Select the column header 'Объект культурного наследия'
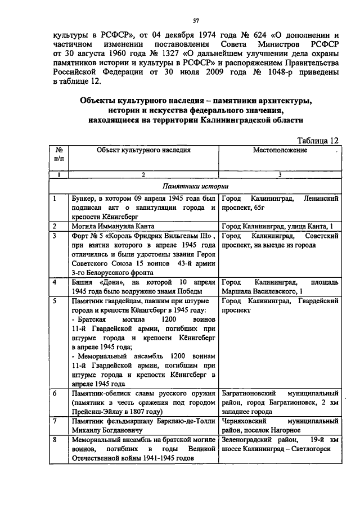tap(143, 151)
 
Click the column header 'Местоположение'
tap(280, 151)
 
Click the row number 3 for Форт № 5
tap(55, 236)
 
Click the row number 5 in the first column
tap(55, 301)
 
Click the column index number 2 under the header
tap(143, 175)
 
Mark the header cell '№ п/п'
tap(58, 155)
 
